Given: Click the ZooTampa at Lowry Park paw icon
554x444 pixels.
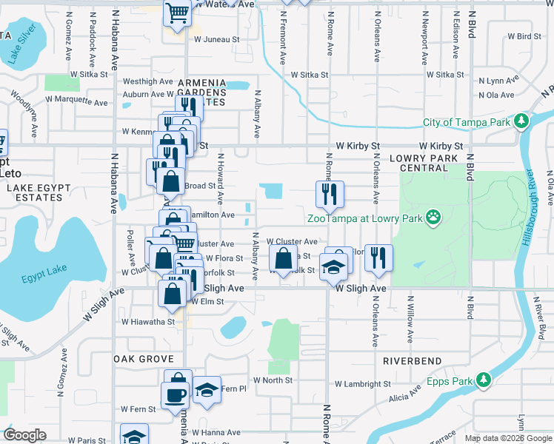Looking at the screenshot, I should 433,218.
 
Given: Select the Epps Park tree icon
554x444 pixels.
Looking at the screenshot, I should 484,379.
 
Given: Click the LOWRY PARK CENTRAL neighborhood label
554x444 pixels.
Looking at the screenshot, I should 424,163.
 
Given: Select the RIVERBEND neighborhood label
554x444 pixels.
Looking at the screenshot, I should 413,361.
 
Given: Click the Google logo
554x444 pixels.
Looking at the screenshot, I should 24,435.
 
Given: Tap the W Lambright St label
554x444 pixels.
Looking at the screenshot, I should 362,384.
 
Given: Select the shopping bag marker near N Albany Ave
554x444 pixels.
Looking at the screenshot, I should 283,260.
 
